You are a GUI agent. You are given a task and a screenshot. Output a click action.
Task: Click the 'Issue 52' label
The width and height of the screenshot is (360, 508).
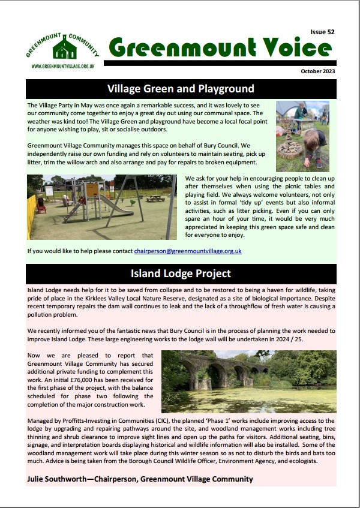(x=323, y=32)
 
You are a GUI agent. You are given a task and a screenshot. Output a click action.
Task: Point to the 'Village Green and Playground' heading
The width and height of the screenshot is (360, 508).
(x=181, y=89)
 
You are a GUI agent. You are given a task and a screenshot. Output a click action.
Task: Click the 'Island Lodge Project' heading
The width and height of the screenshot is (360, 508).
(x=181, y=274)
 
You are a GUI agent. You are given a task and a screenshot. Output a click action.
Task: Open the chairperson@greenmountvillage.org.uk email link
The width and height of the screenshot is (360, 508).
(x=188, y=251)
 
